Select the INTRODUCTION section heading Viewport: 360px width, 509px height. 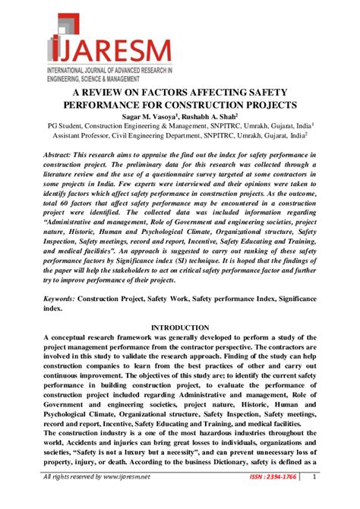tap(180, 327)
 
